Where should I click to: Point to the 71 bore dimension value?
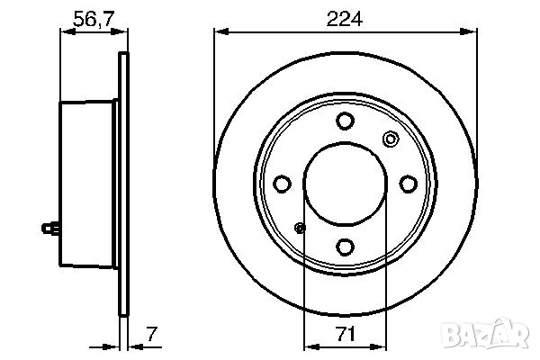point(345,334)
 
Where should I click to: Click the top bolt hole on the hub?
point(345,121)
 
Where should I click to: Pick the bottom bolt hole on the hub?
point(345,245)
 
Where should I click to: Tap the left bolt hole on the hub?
point(283,184)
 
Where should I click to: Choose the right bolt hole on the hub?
point(407,184)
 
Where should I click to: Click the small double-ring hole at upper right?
point(390,139)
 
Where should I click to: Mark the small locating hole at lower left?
point(301,228)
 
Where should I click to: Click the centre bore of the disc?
point(345,184)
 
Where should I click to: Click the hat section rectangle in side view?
point(88,184)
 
